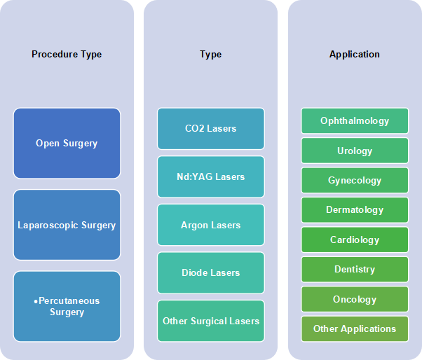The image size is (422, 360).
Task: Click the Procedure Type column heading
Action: [x=67, y=55]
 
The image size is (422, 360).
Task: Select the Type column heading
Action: [x=211, y=55]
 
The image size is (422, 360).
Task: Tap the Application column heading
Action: [x=355, y=55]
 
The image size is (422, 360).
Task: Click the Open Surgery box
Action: [x=67, y=144]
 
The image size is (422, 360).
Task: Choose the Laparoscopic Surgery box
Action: [x=67, y=225]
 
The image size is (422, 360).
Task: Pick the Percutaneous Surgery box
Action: [x=67, y=306]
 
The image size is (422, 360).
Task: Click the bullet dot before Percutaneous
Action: [x=36, y=302]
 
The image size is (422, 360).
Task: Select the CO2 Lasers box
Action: [x=211, y=128]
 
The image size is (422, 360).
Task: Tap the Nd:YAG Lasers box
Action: [x=211, y=176]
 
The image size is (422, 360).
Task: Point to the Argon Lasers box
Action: [x=211, y=225]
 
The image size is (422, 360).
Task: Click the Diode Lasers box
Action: [x=211, y=272]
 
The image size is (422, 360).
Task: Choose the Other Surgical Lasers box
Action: [x=211, y=321]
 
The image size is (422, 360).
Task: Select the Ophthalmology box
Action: [x=355, y=120]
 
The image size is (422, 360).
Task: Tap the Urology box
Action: [x=355, y=151]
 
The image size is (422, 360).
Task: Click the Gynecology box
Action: [x=355, y=180]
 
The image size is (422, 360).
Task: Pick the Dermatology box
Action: [x=355, y=210]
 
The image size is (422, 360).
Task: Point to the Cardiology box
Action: [x=355, y=240]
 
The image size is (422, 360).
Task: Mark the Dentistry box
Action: [x=355, y=270]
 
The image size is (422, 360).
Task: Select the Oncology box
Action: [x=355, y=299]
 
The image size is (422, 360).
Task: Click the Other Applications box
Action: [x=355, y=328]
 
